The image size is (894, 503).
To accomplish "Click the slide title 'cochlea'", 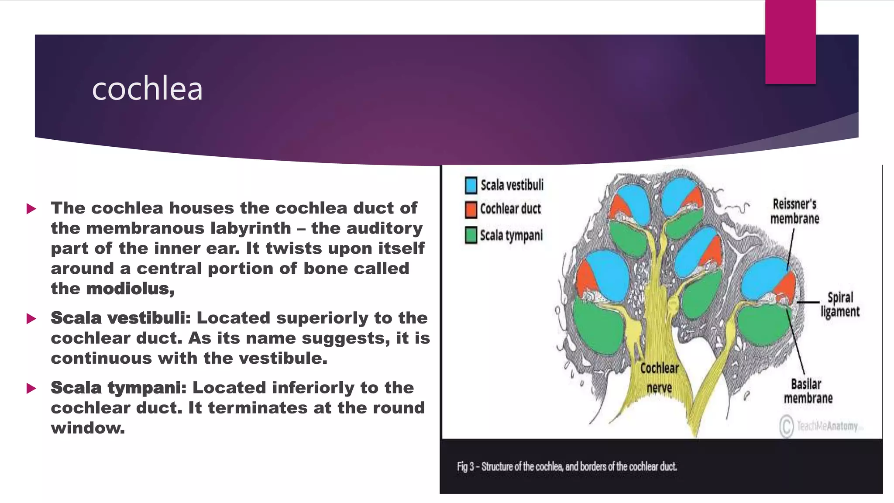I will tap(147, 89).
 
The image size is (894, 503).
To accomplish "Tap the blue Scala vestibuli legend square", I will tap(471, 185).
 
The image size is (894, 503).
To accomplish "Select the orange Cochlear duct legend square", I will tap(471, 210).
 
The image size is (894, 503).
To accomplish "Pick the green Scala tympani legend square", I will tap(471, 235).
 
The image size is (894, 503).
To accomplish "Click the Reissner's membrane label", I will tap(794, 211).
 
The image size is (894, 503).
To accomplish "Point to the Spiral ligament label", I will tap(840, 305).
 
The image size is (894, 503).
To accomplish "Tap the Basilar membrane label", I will tap(808, 391).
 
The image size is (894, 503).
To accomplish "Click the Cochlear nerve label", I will tap(659, 378).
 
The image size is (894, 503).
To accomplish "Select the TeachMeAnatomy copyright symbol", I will tap(787, 426).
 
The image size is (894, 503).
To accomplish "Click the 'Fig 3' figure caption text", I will tap(567, 467).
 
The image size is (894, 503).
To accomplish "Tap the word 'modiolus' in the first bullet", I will tap(130, 289).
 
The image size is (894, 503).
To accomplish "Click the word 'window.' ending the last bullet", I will tap(88, 428).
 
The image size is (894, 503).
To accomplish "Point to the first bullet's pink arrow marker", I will tap(31, 209).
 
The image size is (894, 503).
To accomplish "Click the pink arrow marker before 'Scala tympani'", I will tap(31, 388).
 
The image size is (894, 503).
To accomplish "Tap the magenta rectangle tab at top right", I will tap(790, 42).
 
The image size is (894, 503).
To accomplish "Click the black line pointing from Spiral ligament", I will tap(808, 302).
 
